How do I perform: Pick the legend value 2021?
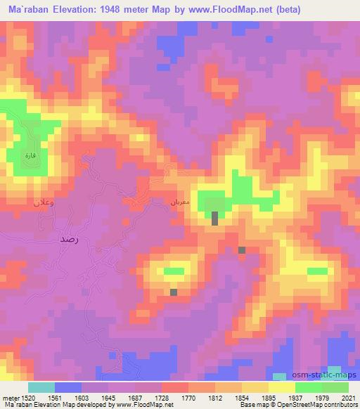[x=347, y=398]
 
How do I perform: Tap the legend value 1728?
[x=162, y=398]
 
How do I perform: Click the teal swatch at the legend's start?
[x=41, y=387]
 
